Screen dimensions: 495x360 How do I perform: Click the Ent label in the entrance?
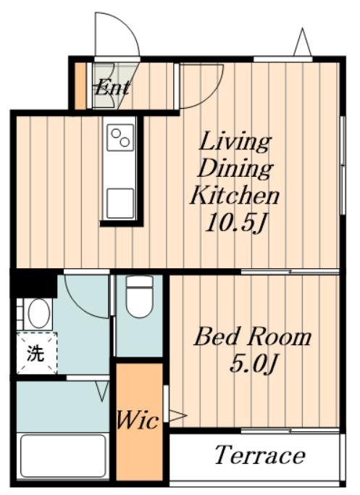tap(112, 88)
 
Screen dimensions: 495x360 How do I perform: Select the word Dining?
tap(235, 168)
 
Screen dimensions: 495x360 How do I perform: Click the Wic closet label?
tap(138, 421)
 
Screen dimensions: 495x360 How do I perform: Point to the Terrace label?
tap(259, 456)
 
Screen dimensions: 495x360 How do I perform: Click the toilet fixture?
tap(139, 297)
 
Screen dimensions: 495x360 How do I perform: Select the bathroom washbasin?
tap(38, 313)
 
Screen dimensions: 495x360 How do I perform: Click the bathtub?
tap(63, 454)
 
